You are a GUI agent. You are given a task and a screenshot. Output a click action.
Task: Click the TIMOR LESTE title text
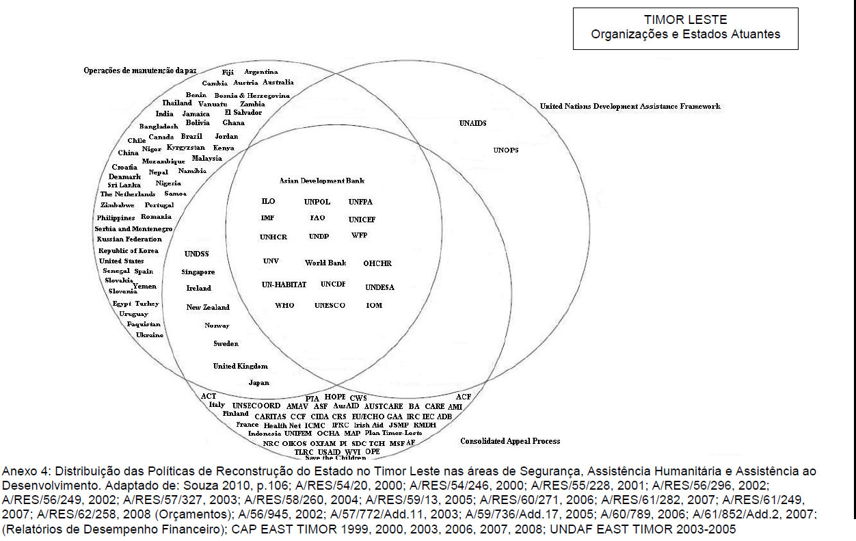click(x=685, y=20)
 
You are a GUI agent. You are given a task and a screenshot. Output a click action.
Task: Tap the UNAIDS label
click(x=472, y=123)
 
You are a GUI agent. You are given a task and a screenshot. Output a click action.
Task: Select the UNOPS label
click(x=506, y=150)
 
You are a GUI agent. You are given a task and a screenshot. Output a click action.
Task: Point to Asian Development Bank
click(x=321, y=181)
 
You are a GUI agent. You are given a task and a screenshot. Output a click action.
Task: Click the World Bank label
click(x=325, y=263)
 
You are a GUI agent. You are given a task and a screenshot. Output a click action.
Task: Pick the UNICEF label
click(x=362, y=220)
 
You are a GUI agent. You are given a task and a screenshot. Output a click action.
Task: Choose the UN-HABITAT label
click(x=284, y=285)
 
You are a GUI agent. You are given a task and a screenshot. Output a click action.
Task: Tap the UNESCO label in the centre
click(x=330, y=305)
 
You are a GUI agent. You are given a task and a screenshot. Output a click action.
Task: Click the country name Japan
click(x=258, y=383)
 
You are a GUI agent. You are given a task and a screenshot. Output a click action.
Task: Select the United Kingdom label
click(x=240, y=366)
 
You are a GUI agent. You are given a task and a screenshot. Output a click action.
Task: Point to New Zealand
click(x=208, y=307)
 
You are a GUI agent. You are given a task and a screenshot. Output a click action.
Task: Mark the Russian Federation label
click(x=129, y=239)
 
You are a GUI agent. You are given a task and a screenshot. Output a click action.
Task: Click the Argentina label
click(x=260, y=72)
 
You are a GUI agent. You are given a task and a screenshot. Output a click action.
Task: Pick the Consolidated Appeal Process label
click(x=510, y=441)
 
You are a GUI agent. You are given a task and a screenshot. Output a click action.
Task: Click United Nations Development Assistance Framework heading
click(x=630, y=107)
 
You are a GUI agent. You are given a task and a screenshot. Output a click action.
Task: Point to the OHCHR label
click(x=377, y=263)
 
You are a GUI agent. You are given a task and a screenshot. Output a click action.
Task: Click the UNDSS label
click(x=196, y=254)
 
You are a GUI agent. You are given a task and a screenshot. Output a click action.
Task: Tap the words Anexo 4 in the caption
click(x=19, y=471)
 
